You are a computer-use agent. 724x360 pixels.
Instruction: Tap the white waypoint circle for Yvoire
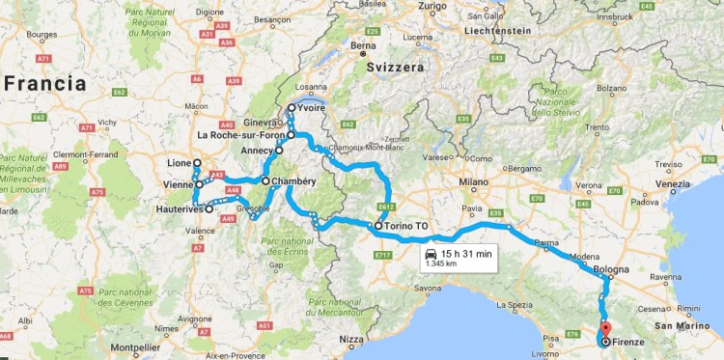click(x=292, y=108)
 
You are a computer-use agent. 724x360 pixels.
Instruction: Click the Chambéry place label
click(x=295, y=180)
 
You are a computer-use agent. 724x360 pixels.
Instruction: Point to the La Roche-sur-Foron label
click(x=240, y=135)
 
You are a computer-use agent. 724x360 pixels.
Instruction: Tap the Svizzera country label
click(x=396, y=67)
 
